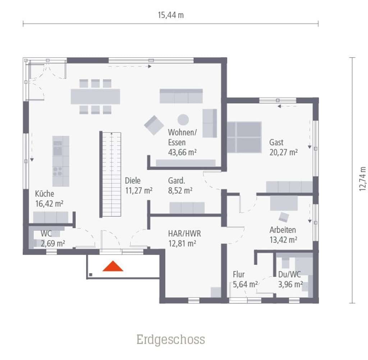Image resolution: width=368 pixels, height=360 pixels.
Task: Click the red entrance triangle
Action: (113, 267)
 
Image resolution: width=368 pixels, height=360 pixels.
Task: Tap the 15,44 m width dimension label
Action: (171, 15)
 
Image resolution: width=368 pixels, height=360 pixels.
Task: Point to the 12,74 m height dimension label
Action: (362, 179)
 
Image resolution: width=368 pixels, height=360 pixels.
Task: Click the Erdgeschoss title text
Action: (171, 340)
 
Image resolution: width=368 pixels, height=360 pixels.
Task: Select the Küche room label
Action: (44, 194)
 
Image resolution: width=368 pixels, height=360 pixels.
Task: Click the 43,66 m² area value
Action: (182, 152)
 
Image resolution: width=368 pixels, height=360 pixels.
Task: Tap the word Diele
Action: (133, 181)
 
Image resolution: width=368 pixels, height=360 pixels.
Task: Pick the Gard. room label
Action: (176, 181)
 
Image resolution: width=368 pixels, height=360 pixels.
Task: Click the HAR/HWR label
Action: (184, 234)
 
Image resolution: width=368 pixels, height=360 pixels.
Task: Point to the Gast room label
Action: (276, 142)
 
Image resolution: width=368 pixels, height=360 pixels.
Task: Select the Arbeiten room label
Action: (282, 230)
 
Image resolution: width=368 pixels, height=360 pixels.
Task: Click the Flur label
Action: (239, 274)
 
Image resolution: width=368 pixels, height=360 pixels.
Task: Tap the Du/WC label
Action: (289, 274)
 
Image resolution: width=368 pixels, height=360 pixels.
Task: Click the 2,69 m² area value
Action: (53, 243)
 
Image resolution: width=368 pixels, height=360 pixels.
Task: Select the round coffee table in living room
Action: (183, 120)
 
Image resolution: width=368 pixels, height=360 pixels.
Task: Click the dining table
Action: (95, 96)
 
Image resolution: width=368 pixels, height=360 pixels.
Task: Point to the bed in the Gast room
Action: (244, 137)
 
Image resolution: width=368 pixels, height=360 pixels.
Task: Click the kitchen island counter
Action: (61, 161)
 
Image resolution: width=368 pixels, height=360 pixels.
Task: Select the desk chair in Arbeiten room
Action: (284, 217)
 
